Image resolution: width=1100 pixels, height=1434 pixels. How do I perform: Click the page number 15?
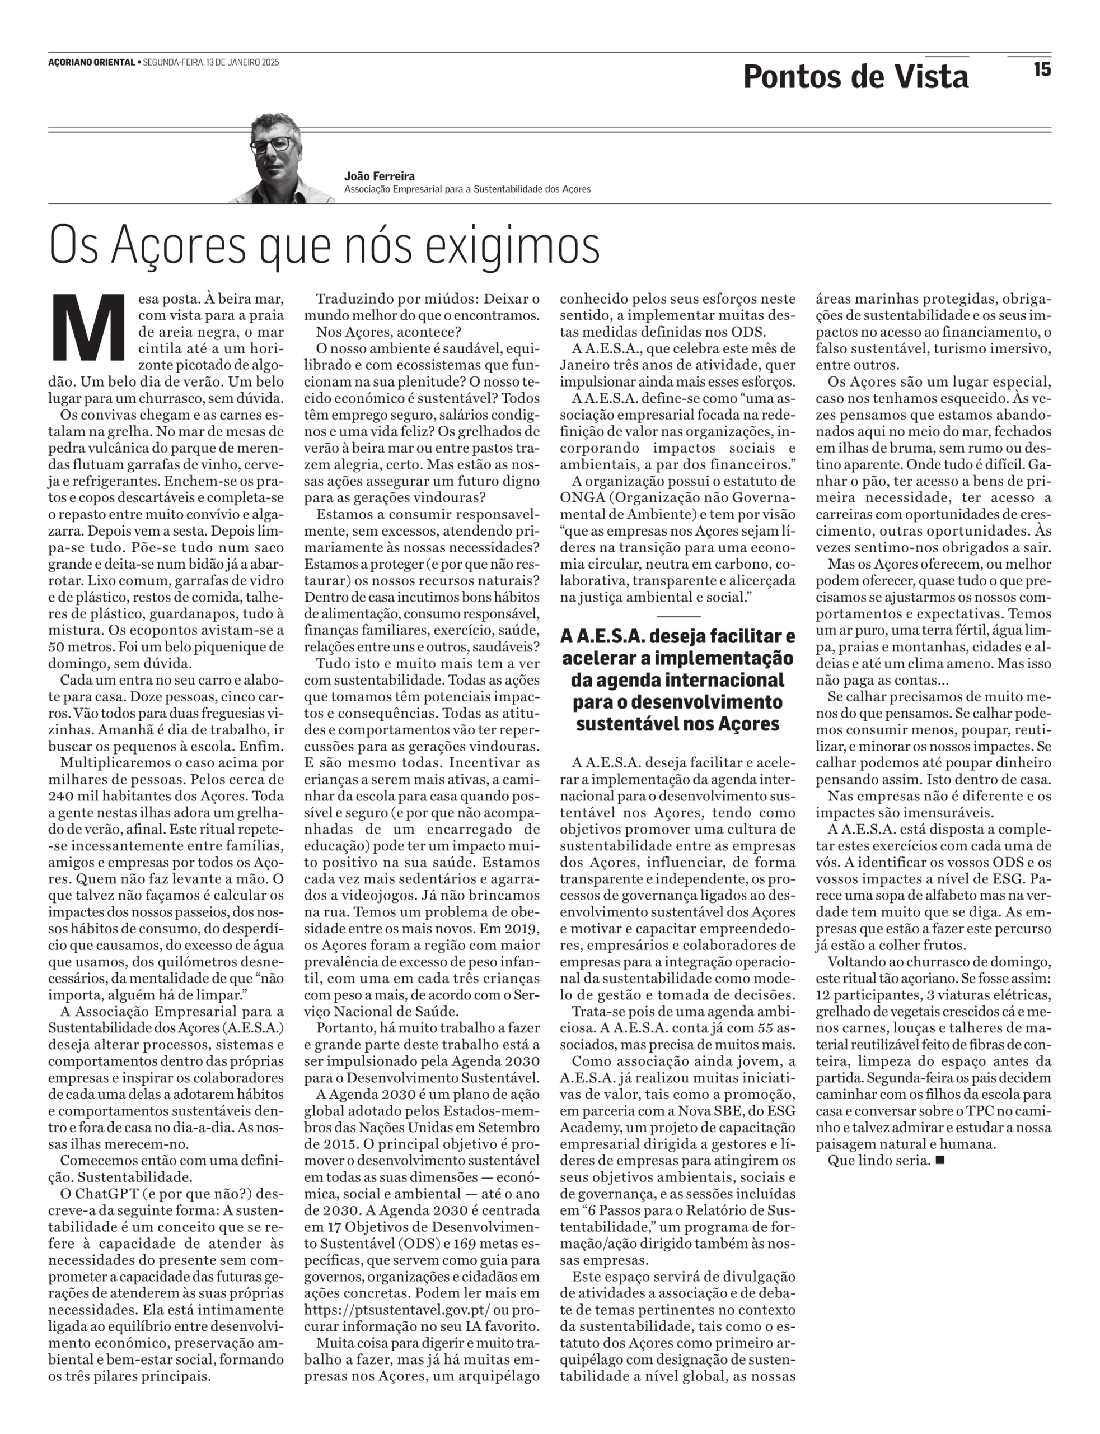[x=1042, y=69]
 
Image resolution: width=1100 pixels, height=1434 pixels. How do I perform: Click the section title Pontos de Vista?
[x=855, y=77]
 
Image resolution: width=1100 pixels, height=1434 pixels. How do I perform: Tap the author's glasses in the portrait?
[x=273, y=144]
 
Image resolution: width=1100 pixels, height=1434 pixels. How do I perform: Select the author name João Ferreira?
[x=379, y=176]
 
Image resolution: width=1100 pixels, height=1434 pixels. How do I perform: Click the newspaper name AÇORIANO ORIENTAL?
[x=92, y=62]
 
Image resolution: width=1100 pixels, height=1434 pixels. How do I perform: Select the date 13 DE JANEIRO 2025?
[x=242, y=62]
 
